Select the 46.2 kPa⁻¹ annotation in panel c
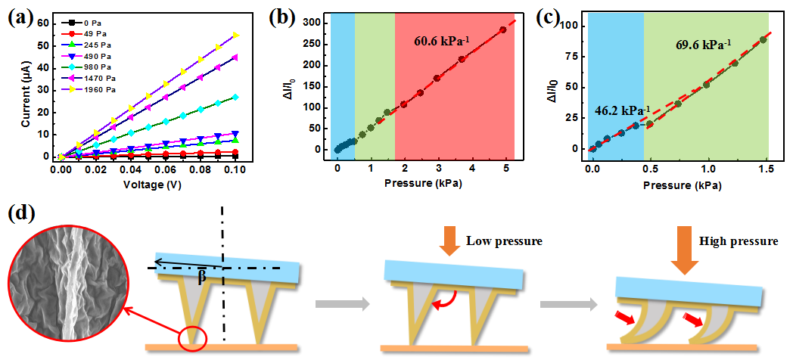point(617,111)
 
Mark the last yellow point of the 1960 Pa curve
point(236,35)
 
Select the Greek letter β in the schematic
point(202,278)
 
